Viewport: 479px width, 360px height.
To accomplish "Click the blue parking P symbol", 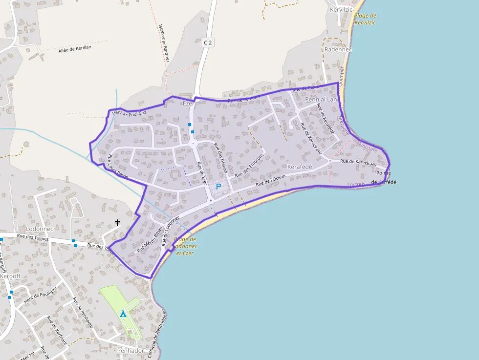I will tap(218, 186).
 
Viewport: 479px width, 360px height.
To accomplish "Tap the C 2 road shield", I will tap(208, 42).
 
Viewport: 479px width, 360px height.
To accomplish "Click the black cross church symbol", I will tap(117, 223).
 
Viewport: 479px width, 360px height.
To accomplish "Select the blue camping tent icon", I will tap(123, 314).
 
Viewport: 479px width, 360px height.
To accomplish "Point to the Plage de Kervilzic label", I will tap(365, 19).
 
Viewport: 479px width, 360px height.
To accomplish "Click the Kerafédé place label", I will tap(300, 167).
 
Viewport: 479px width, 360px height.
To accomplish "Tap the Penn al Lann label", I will tap(321, 100).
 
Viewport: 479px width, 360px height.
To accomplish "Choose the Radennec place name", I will tap(338, 49).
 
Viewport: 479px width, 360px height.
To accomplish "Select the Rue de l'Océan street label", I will tap(271, 180).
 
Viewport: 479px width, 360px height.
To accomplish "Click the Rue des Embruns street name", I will tap(249, 166).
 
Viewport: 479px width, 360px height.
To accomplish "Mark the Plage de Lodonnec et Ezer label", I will tap(185, 246).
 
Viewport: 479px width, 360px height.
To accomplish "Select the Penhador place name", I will tap(131, 351).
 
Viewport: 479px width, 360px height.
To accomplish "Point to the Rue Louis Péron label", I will tap(118, 166).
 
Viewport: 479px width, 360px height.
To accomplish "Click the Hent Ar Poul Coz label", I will tap(129, 113).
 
